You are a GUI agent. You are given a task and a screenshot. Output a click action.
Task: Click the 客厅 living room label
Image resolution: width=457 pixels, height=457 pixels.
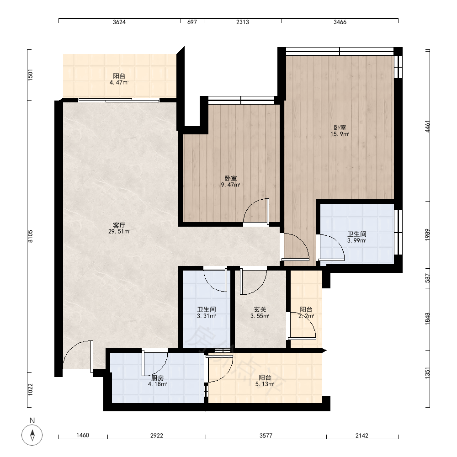[x=119, y=225]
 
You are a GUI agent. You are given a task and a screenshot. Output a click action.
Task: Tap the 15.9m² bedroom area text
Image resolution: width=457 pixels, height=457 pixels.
[x=340, y=134]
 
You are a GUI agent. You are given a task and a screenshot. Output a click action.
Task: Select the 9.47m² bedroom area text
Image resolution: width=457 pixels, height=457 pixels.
[x=230, y=185]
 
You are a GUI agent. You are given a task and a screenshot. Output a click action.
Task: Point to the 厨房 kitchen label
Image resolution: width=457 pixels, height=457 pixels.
[x=157, y=378]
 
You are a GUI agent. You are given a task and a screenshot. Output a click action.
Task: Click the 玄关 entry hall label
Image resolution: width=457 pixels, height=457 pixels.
[x=260, y=309]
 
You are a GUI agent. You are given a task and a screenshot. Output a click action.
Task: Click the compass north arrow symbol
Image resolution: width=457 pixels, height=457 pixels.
[x=32, y=435]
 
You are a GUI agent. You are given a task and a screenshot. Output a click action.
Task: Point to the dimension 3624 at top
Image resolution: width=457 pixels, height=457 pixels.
[x=119, y=22]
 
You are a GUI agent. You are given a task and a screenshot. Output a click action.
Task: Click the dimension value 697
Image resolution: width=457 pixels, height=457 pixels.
[x=192, y=22]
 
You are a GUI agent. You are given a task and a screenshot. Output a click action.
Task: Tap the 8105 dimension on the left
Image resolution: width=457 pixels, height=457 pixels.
[x=31, y=236]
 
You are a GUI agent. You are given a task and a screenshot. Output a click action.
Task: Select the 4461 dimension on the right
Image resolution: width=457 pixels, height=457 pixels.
[x=427, y=127]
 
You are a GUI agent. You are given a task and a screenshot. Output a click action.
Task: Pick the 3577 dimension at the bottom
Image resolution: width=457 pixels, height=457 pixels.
[x=266, y=436]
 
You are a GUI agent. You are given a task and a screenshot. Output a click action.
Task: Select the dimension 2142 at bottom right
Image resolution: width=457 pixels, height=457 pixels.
[x=361, y=436]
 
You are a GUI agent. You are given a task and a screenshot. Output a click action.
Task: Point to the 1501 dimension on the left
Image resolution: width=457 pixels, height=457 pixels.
[x=31, y=75]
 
